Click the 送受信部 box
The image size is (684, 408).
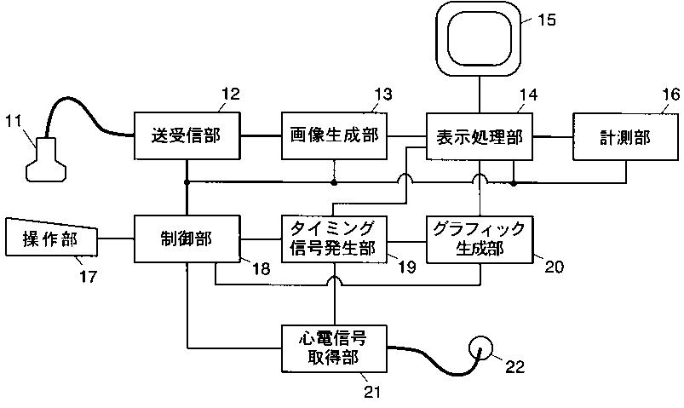pos(187,135)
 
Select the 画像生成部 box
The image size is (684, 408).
pos(334,135)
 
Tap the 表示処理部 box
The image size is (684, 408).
pos(480,136)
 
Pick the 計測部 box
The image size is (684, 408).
pos(625,136)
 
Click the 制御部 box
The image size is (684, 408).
pos(187,238)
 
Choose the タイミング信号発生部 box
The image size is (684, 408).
pos(334,239)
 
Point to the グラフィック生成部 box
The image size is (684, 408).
pos(480,239)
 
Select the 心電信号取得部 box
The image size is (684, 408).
pos(334,348)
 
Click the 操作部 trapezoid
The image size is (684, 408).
pos(51,238)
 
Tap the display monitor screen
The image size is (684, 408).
pos(480,38)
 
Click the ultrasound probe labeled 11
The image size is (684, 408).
pos(46,158)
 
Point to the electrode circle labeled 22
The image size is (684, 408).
pos(480,348)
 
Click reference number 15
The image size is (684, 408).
pos(546,20)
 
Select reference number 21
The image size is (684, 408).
pos(372,392)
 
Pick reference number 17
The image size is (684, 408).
pos(89,276)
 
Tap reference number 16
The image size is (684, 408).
pos(671,95)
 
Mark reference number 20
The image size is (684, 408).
pos(554,267)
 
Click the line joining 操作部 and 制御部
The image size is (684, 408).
pos(116,238)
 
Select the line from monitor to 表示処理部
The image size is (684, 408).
pos(480,95)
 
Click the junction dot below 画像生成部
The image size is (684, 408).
pos(334,183)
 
